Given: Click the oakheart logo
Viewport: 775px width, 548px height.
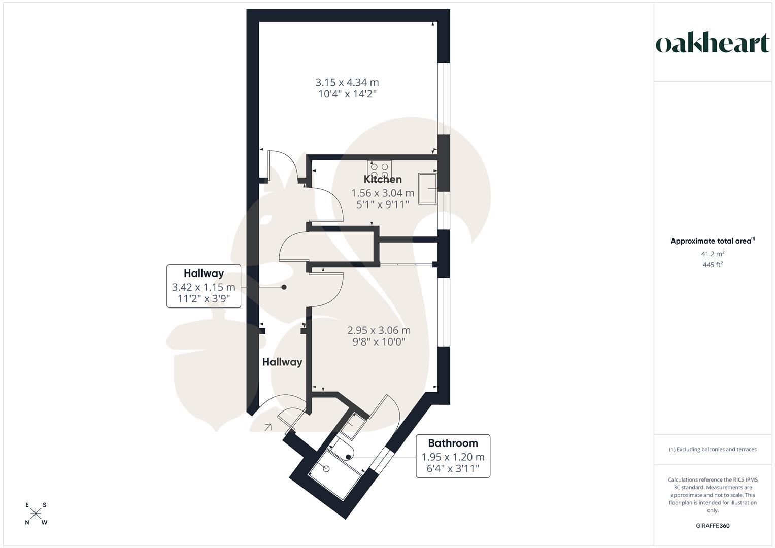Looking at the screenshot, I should (712, 44).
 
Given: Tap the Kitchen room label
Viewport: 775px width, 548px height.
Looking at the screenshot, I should (383, 179).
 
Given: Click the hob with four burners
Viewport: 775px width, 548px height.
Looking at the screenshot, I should (380, 168).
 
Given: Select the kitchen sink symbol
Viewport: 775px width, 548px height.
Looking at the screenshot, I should (428, 188).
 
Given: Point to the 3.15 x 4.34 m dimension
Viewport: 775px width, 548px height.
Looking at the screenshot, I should (347, 82).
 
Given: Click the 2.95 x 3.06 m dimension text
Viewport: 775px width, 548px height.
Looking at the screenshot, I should (379, 330).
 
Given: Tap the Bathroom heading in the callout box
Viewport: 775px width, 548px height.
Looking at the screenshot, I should (453, 443).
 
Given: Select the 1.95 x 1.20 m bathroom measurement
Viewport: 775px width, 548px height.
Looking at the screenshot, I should (453, 457).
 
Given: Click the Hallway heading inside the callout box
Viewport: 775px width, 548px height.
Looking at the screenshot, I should (204, 273).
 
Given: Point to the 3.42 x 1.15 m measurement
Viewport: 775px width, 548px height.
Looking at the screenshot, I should (204, 288).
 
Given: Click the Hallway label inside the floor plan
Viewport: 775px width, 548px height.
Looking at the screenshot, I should (282, 362).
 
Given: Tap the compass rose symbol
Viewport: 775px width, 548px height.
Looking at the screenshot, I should (36, 513).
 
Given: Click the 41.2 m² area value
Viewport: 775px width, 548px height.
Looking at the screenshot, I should (713, 254).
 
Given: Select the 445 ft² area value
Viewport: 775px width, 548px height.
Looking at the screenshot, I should (713, 265).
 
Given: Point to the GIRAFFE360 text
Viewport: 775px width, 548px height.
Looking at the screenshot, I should (713, 526).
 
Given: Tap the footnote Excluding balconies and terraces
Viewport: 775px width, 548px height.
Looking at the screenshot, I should (713, 449).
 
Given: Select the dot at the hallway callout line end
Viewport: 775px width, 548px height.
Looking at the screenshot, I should (284, 287).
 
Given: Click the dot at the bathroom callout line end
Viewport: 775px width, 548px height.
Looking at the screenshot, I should (348, 457).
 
